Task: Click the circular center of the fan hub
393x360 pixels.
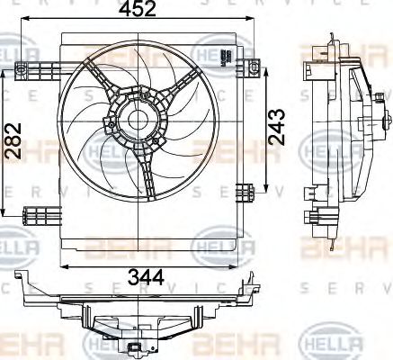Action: (138, 120)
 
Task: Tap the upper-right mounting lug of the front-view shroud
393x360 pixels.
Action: (254, 66)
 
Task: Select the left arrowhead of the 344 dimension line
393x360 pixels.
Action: (62, 265)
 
